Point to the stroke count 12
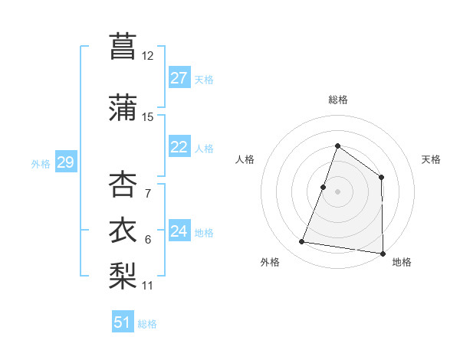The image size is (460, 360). (x=148, y=56)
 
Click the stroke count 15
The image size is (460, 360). (x=148, y=117)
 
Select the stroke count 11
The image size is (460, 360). (x=148, y=286)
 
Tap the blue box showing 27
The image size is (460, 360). (x=179, y=78)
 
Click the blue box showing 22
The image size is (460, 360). (x=179, y=148)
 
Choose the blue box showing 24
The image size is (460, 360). (x=179, y=231)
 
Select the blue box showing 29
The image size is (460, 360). (x=65, y=162)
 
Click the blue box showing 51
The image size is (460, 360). (x=123, y=322)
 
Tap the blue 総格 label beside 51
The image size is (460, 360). (x=147, y=324)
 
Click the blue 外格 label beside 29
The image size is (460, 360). (x=41, y=163)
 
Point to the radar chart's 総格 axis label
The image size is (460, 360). (x=338, y=100)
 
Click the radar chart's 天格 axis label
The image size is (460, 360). (x=432, y=159)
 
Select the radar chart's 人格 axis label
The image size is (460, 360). (x=245, y=159)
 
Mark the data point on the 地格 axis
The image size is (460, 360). (x=383, y=253)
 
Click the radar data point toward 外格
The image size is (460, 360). (x=302, y=242)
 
